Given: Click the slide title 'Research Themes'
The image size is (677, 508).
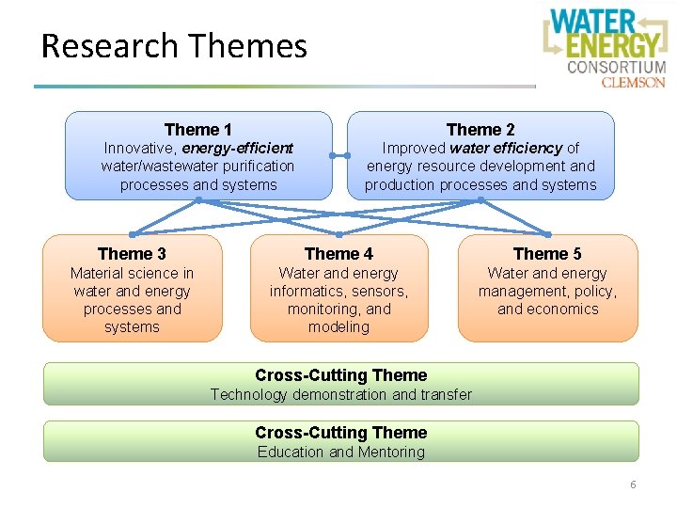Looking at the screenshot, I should click(175, 46).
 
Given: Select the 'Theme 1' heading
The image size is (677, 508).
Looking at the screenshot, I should click(197, 130).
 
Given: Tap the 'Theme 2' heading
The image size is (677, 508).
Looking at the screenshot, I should click(480, 130).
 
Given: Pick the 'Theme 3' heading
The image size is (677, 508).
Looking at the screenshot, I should click(132, 254).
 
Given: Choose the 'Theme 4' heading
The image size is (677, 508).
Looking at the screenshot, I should click(338, 254).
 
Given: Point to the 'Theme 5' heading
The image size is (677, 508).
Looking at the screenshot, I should click(547, 254).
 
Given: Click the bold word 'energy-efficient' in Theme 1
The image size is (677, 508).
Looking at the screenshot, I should click(238, 148).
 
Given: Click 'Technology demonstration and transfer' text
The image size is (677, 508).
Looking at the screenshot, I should click(340, 394).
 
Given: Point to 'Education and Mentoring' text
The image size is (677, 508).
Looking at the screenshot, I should click(340, 452).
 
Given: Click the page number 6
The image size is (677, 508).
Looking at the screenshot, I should click(633, 484).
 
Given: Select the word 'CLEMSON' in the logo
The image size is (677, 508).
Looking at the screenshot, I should click(634, 82).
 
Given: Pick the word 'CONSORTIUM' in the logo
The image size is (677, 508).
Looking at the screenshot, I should click(617, 67).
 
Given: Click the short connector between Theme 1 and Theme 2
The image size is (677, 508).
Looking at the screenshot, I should click(339, 155).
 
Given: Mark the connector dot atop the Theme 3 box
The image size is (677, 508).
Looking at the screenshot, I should click(132, 233).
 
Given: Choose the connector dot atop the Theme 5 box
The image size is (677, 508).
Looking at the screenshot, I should click(547, 233).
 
